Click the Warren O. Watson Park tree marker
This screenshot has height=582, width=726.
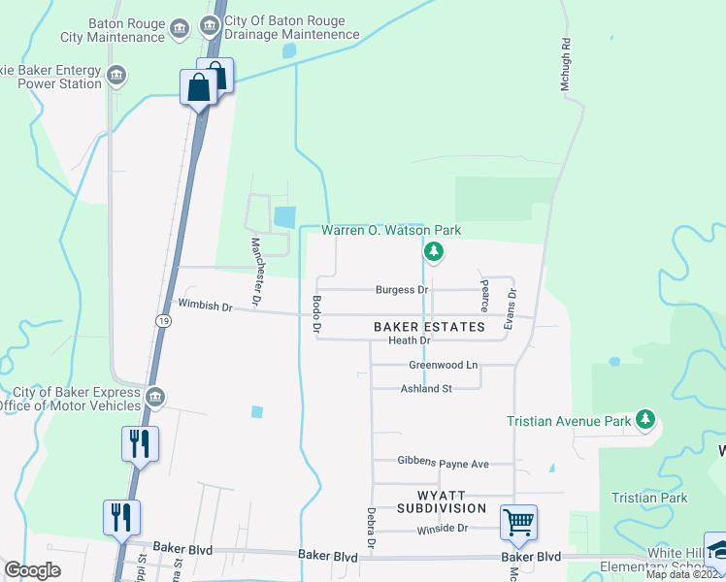tap(434, 253)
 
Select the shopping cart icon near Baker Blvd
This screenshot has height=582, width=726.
tap(518, 523)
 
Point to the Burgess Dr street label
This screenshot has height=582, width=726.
tap(402, 290)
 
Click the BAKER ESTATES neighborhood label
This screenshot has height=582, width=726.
tap(429, 327)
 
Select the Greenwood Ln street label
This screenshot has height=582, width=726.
tap(444, 366)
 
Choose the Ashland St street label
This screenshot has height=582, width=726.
tap(427, 389)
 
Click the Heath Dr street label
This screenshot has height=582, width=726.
tap(409, 340)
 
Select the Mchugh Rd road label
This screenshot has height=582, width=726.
tap(565, 65)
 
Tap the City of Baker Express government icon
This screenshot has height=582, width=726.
tap(155, 397)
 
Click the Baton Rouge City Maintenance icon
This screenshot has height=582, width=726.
tap(179, 30)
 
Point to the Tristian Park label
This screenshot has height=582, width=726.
tap(649, 498)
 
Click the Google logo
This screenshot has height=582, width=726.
tap(32, 570)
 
